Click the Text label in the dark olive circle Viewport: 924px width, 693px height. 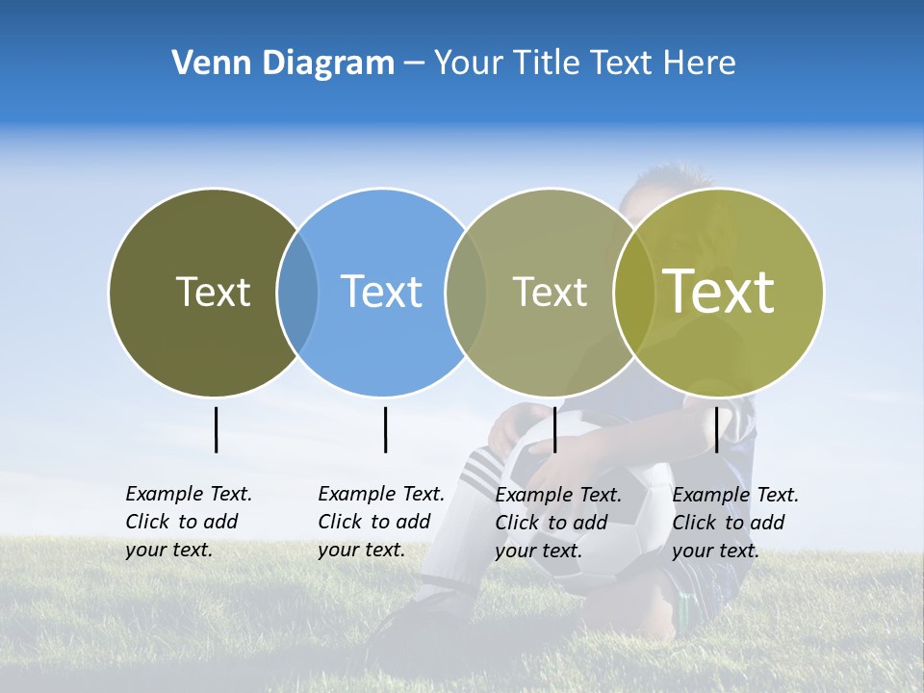tap(213, 292)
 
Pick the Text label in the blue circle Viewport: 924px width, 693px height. tap(381, 292)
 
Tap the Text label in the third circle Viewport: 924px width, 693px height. tap(550, 292)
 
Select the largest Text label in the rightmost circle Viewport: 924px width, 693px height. tap(719, 292)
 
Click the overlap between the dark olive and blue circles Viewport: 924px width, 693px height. tap(297, 293)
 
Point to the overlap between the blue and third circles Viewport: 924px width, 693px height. tap(466, 293)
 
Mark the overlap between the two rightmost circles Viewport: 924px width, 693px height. tap(634, 293)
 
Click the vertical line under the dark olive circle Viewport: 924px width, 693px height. tap(216, 429)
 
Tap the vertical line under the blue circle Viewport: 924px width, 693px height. tap(385, 429)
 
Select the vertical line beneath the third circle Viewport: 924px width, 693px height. tap(554, 429)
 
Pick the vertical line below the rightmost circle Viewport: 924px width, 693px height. tap(716, 429)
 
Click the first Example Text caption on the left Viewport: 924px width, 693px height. tap(188, 522)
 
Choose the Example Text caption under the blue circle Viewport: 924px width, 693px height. tap(380, 522)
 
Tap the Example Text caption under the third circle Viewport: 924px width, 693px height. tap(557, 523)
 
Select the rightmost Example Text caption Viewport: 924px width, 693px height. tap(734, 523)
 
